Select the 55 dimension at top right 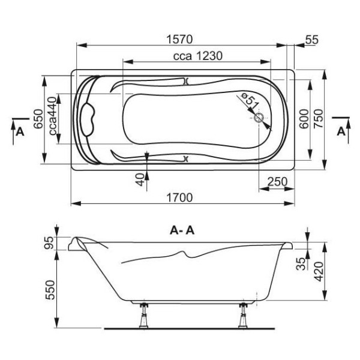311,40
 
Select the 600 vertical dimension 304,122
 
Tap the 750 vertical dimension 319,122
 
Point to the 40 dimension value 140,179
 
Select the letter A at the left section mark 20,132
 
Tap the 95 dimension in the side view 49,243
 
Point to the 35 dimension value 301,262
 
